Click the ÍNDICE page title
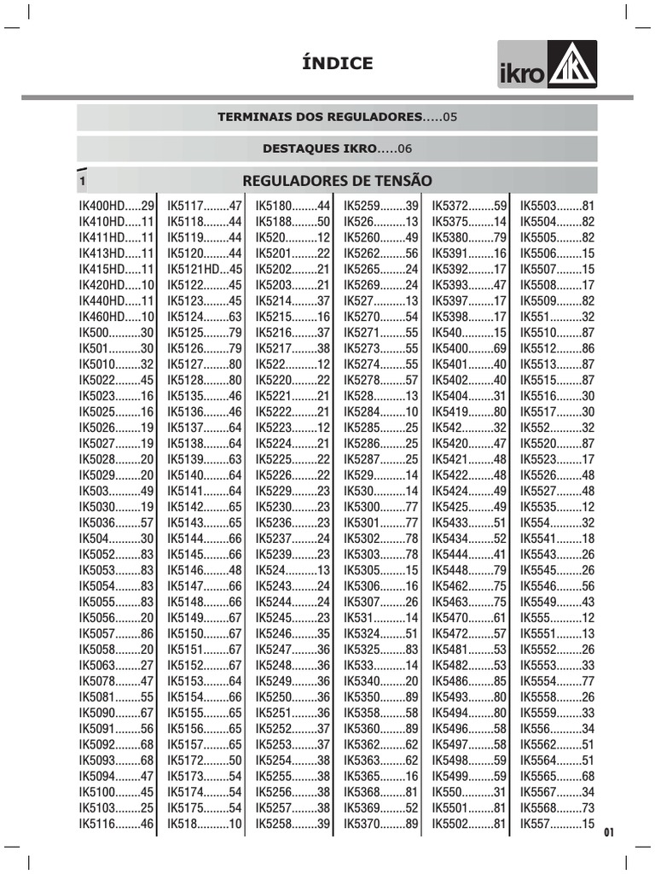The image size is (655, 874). pyautogui.click(x=338, y=63)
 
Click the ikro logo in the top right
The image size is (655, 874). pyautogui.click(x=548, y=67)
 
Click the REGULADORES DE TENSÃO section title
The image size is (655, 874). pyautogui.click(x=337, y=180)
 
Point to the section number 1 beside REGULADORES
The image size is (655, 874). pyautogui.click(x=83, y=181)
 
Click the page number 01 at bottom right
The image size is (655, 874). pyautogui.click(x=608, y=833)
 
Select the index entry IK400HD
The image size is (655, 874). pyautogui.click(x=117, y=206)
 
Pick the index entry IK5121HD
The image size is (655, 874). pyautogui.click(x=206, y=269)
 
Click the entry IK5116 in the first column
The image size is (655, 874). pyautogui.click(x=117, y=824)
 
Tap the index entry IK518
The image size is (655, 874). pyautogui.click(x=206, y=824)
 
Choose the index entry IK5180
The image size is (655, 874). pyautogui.click(x=293, y=206)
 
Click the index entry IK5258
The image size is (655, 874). pyautogui.click(x=293, y=824)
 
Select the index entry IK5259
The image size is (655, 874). pyautogui.click(x=381, y=206)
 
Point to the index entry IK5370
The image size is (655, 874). pyautogui.click(x=381, y=824)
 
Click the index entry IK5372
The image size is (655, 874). pyautogui.click(x=470, y=206)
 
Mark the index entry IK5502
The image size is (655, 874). pyautogui.click(x=470, y=824)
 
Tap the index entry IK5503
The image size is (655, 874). pyautogui.click(x=558, y=206)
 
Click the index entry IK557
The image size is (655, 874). pyautogui.click(x=558, y=824)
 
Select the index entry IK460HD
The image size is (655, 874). pyautogui.click(x=117, y=317)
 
